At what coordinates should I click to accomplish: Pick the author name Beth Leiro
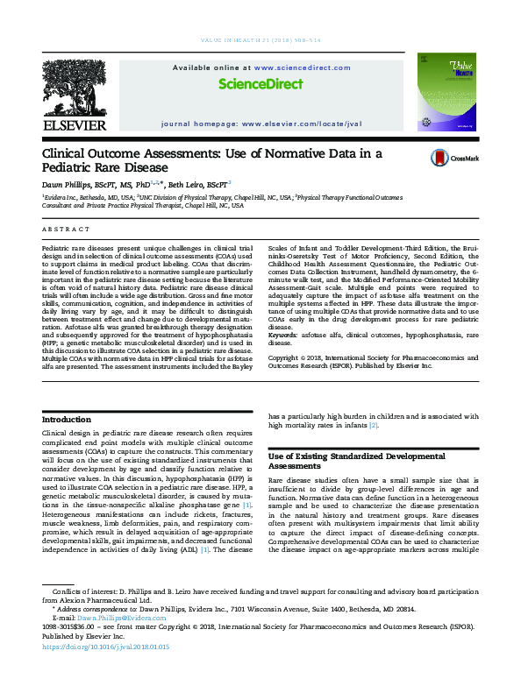point(202,185)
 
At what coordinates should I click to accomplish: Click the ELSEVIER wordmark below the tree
point(74,124)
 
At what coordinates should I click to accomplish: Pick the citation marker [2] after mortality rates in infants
point(374,426)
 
